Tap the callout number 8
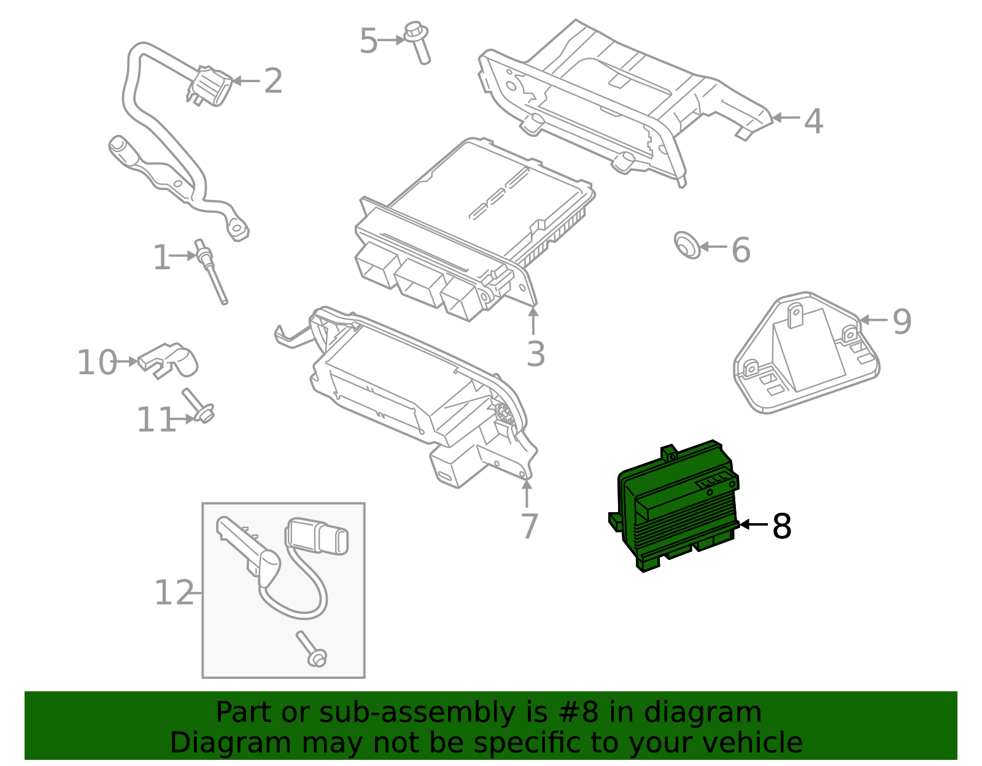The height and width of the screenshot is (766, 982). (781, 526)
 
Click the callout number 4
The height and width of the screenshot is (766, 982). (813, 121)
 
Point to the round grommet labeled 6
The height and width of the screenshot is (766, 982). (686, 245)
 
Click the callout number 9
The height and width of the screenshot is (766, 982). (902, 321)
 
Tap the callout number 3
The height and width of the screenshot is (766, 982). (535, 354)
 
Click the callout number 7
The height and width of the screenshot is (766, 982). (528, 526)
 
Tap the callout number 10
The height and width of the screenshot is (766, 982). (96, 362)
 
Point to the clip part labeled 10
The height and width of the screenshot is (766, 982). (169, 360)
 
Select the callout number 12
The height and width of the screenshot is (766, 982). (173, 593)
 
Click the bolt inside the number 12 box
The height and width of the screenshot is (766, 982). (311, 649)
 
